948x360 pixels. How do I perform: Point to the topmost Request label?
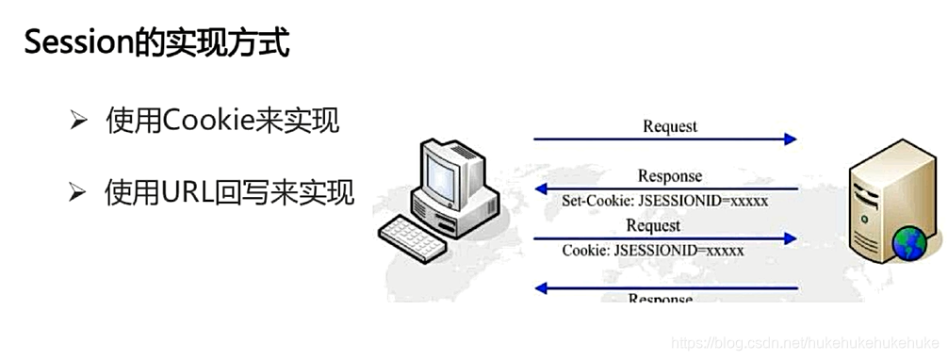click(670, 125)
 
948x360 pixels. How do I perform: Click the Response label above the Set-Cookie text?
click(669, 175)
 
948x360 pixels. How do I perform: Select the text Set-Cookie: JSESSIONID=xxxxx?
click(665, 201)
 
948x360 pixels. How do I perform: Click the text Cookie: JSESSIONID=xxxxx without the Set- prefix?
click(653, 251)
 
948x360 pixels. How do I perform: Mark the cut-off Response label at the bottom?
click(660, 298)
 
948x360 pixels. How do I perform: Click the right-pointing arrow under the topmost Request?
click(665, 139)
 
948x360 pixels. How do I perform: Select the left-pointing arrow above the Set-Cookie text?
click(665, 188)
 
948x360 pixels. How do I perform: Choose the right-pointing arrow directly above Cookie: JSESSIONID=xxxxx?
click(665, 238)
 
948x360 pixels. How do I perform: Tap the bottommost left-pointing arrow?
click(665, 287)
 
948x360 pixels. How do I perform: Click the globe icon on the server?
click(910, 243)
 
